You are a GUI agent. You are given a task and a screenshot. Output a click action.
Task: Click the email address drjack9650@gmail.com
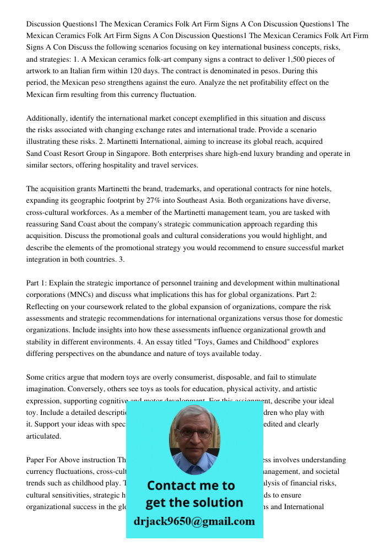pyautogui.click(x=194, y=521)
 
